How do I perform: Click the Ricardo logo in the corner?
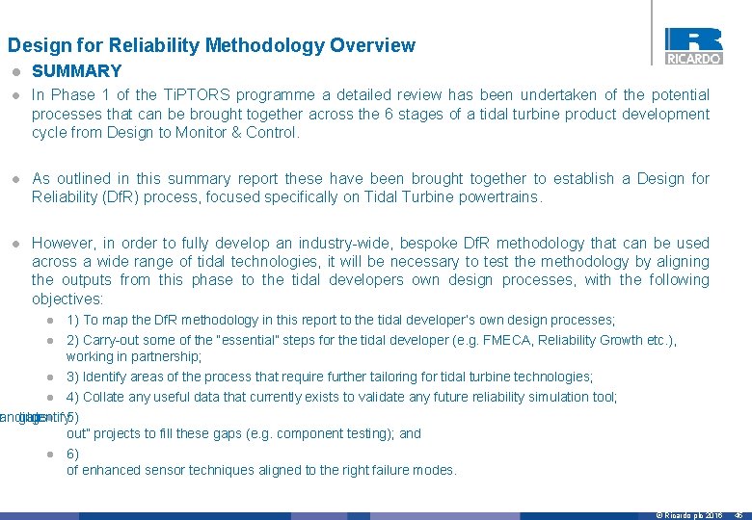pos(693,45)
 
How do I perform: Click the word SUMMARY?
pos(77,71)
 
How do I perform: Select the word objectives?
pos(67,299)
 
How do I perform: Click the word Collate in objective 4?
pos(103,397)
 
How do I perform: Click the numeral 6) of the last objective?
pos(72,454)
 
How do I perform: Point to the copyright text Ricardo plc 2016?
pos(689,515)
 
